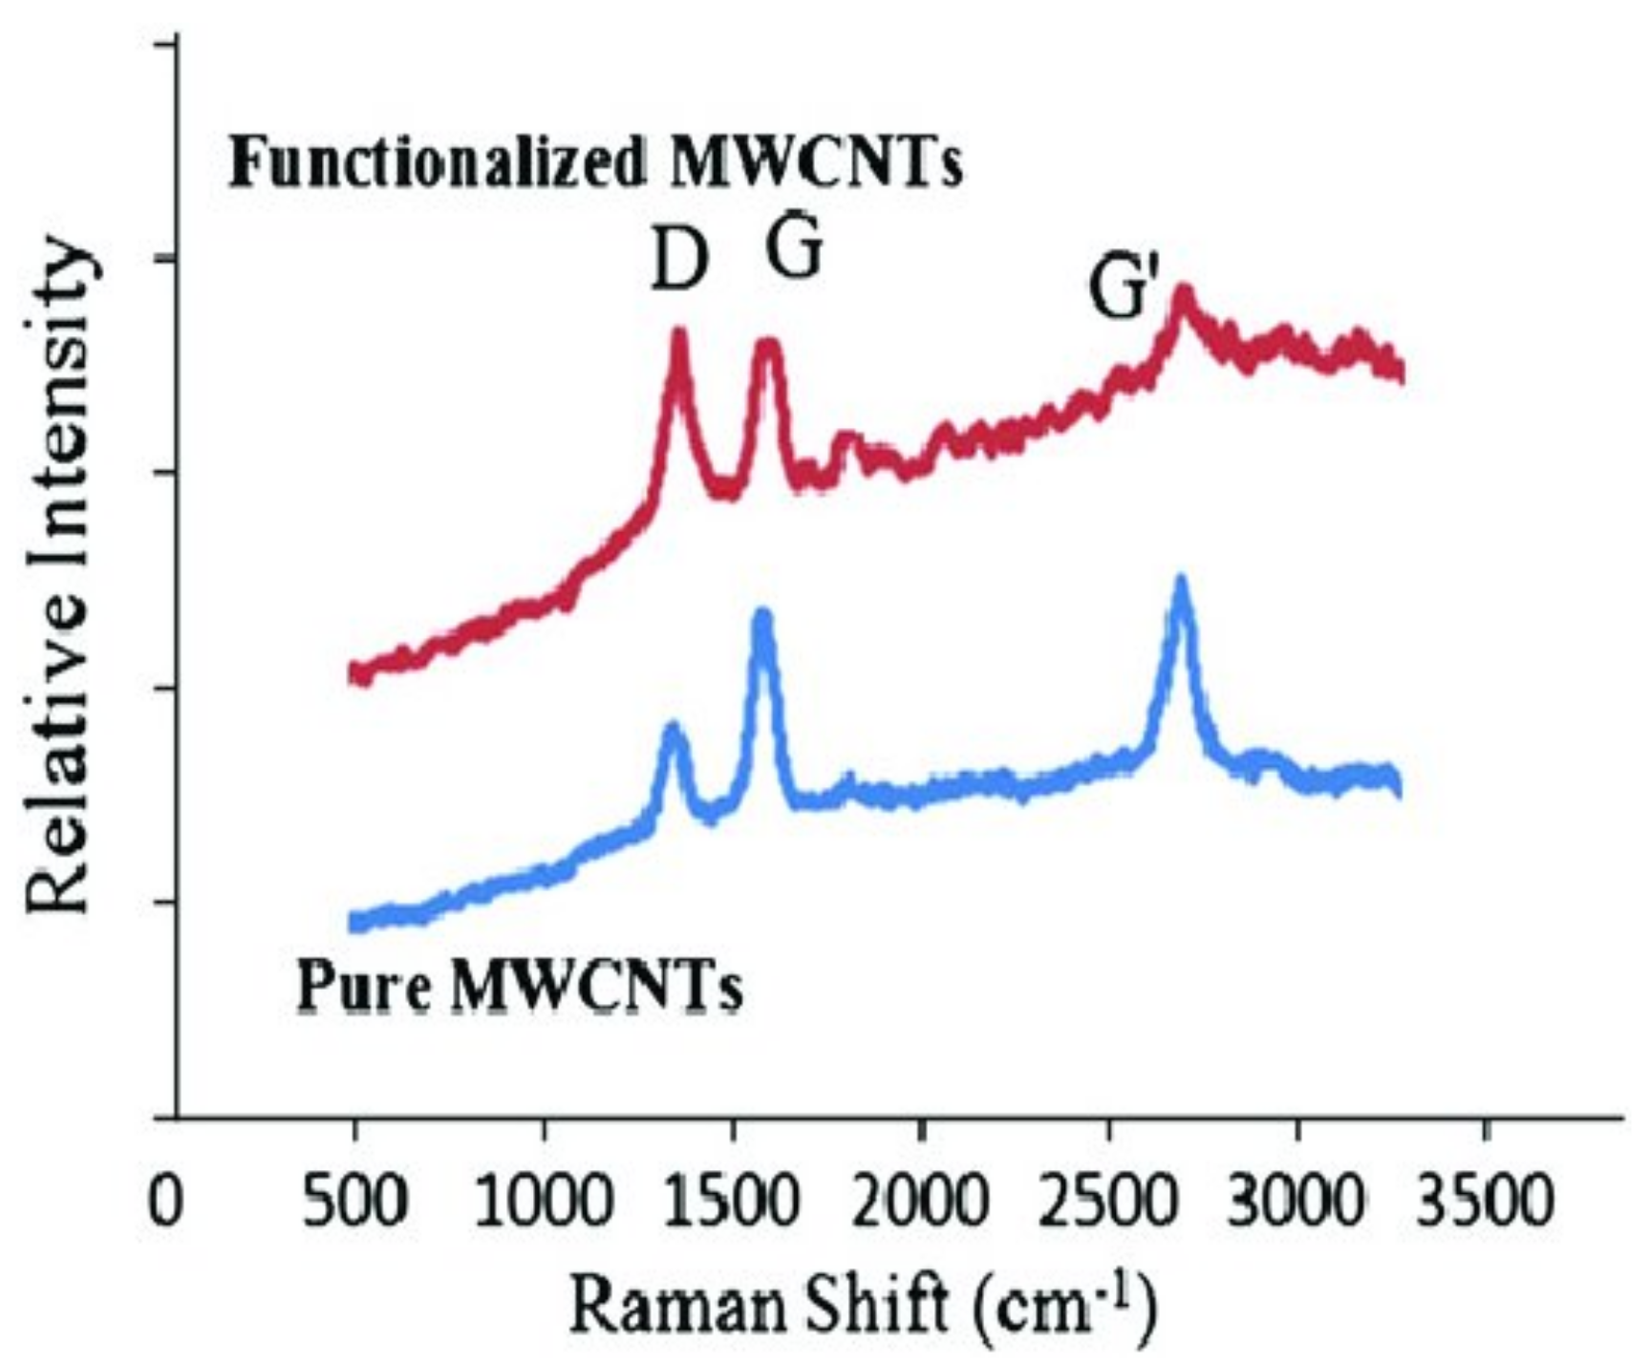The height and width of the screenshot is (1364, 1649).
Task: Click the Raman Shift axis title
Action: tap(865, 1307)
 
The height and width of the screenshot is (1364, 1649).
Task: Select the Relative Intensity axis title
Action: tap(59, 578)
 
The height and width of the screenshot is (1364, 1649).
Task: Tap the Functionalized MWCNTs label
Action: tap(595, 162)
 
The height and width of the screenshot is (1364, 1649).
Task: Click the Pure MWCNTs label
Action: tap(520, 987)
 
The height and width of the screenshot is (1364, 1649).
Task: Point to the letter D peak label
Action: tap(679, 263)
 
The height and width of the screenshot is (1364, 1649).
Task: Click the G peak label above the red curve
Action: tap(794, 250)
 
